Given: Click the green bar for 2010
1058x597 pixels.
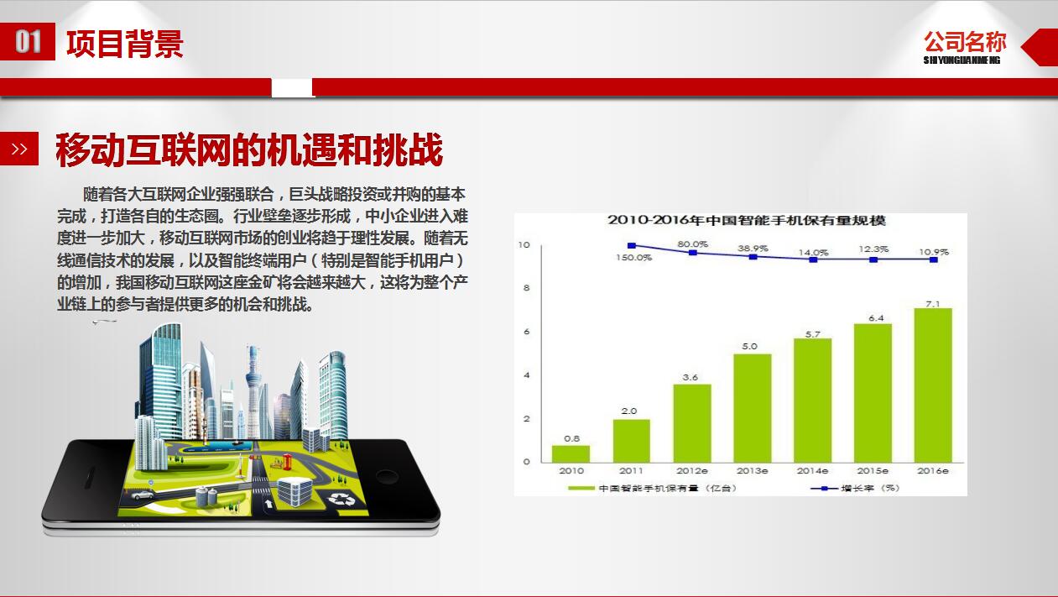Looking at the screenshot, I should (x=571, y=453).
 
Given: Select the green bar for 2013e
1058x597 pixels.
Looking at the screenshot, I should (x=752, y=408).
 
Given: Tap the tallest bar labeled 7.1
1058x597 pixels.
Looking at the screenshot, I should (x=933, y=385).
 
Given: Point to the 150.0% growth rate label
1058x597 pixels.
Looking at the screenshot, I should (x=633, y=258).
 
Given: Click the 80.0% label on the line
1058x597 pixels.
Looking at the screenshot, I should (x=692, y=244).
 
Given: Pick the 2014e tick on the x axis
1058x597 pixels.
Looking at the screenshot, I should (x=812, y=471).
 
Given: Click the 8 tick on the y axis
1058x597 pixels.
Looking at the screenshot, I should (x=527, y=288).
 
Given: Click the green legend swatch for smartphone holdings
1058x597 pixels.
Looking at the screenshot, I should (x=581, y=488).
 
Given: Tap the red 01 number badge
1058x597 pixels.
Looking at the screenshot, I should (x=28, y=42).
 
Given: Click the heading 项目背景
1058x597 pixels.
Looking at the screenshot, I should (x=124, y=43).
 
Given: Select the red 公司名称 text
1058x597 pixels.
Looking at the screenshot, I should (x=965, y=42).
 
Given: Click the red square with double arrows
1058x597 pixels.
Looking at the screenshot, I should (x=19, y=149).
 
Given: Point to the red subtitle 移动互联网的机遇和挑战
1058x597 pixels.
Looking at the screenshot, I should (x=248, y=150).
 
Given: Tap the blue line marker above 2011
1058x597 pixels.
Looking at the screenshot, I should (x=632, y=246).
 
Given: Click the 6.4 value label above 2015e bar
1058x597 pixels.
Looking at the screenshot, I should (x=873, y=317).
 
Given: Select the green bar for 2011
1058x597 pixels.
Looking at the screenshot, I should (x=631, y=440).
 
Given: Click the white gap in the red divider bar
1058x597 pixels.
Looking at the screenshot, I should (x=292, y=87).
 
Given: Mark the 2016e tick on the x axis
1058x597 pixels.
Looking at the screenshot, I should (x=933, y=471).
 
